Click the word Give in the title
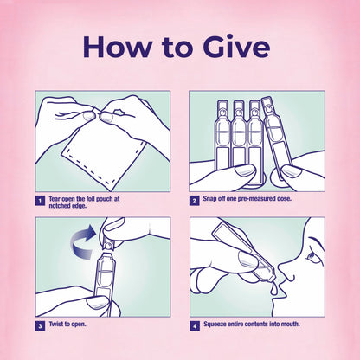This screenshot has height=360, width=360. click(x=236, y=47)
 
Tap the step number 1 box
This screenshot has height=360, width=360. click(x=40, y=201)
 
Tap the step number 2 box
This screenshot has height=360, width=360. click(x=194, y=201)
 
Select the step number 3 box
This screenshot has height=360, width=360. click(x=40, y=326)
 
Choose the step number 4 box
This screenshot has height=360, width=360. click(x=195, y=326)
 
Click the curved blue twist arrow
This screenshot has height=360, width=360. click(x=83, y=241)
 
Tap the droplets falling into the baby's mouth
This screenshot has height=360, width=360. click(x=274, y=289)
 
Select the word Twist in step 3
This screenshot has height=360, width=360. click(x=55, y=324)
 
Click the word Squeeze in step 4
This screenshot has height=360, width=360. click(x=215, y=325)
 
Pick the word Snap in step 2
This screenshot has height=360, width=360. click(x=209, y=199)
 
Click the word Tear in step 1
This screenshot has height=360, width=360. click(x=55, y=199)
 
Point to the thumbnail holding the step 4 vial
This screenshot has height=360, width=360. click(x=247, y=260)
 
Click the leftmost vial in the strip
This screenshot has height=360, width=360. click(x=222, y=136)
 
